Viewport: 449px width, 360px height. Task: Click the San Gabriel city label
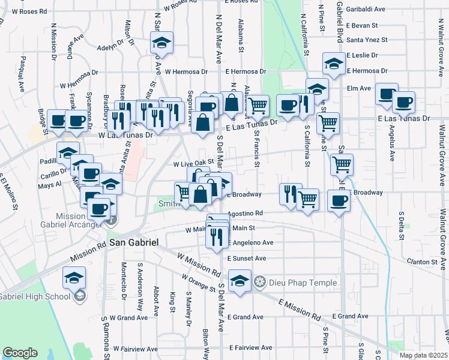click(x=134, y=242)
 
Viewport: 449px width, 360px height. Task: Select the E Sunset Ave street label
click(x=246, y=258)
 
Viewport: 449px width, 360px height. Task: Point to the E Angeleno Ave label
click(x=250, y=243)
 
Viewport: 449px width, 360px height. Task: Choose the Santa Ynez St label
click(x=367, y=40)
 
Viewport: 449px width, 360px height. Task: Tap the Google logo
click(x=20, y=353)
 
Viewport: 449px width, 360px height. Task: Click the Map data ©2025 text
click(x=423, y=355)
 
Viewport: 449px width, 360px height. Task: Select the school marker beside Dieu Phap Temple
click(x=240, y=281)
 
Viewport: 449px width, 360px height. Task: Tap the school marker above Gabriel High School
click(x=74, y=277)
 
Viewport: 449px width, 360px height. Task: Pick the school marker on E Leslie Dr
click(x=334, y=63)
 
